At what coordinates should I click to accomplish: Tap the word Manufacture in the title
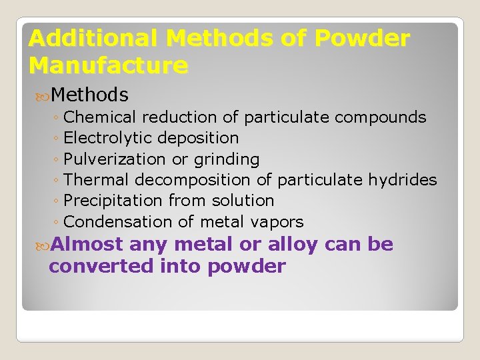point(108,65)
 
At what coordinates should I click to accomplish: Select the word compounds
point(380,117)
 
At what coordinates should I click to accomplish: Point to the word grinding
point(225,160)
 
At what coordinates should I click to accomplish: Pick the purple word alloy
point(292,245)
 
